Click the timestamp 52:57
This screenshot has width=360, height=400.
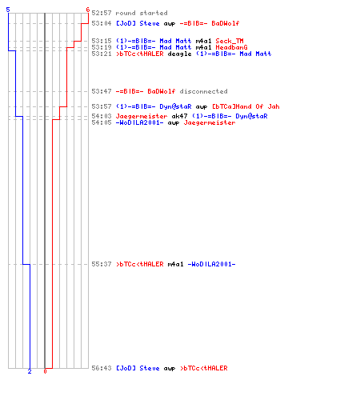pyautogui.click(x=102, y=13)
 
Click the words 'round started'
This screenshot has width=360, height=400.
pyautogui.click(x=142, y=13)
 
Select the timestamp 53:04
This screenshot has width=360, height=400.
pyautogui.click(x=102, y=23)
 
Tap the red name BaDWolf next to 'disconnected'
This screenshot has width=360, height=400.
pyautogui.click(x=162, y=91)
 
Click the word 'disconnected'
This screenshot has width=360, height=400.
pyautogui.click(x=203, y=91)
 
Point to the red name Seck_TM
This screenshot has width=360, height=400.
pyautogui.click(x=230, y=41)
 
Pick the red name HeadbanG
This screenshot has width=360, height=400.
pyautogui.click(x=231, y=47)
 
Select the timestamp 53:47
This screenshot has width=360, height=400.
pyautogui.click(x=102, y=91)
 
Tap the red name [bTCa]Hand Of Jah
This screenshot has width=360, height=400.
pyautogui.click(x=246, y=106)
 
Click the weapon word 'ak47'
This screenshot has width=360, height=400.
pyautogui.click(x=179, y=116)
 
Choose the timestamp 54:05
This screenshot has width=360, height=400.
pyautogui.click(x=102, y=122)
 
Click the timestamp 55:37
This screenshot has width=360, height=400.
pyautogui.click(x=102, y=264)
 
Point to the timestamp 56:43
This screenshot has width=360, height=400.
pyautogui.click(x=102, y=368)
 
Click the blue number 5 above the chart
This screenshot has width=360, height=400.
pyautogui.click(x=8, y=10)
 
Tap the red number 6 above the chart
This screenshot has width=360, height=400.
pyautogui.click(x=88, y=10)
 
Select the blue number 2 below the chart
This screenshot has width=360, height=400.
pyautogui.click(x=30, y=371)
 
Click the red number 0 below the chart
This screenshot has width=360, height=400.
pyautogui.click(x=45, y=371)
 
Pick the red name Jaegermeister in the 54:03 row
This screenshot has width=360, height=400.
pyautogui.click(x=142, y=116)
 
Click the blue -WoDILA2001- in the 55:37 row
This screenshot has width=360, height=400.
pyautogui.click(x=211, y=264)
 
